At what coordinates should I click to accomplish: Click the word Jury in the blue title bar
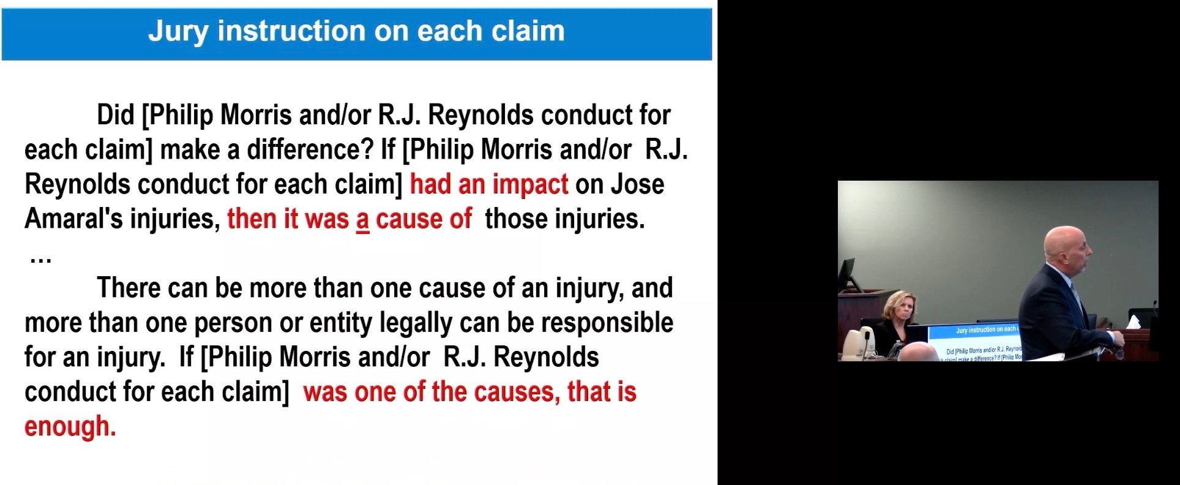coord(178,31)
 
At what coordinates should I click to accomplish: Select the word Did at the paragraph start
coord(116,115)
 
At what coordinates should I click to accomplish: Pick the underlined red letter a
coord(362,219)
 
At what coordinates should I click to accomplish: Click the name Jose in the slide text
coord(638,184)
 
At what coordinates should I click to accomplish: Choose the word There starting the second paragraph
coord(129,287)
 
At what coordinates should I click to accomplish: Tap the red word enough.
coord(70,426)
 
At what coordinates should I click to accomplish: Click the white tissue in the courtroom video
coord(1133,321)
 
